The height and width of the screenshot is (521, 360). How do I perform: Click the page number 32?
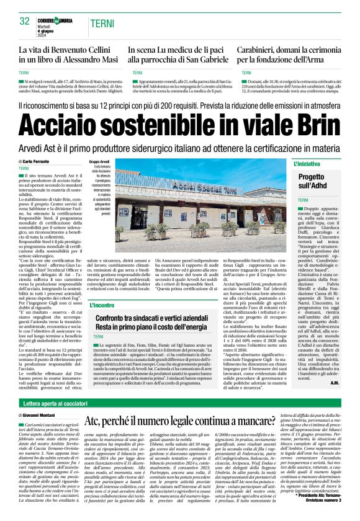[x=25, y=20]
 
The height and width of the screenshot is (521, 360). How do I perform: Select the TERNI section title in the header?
[x=101, y=23]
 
